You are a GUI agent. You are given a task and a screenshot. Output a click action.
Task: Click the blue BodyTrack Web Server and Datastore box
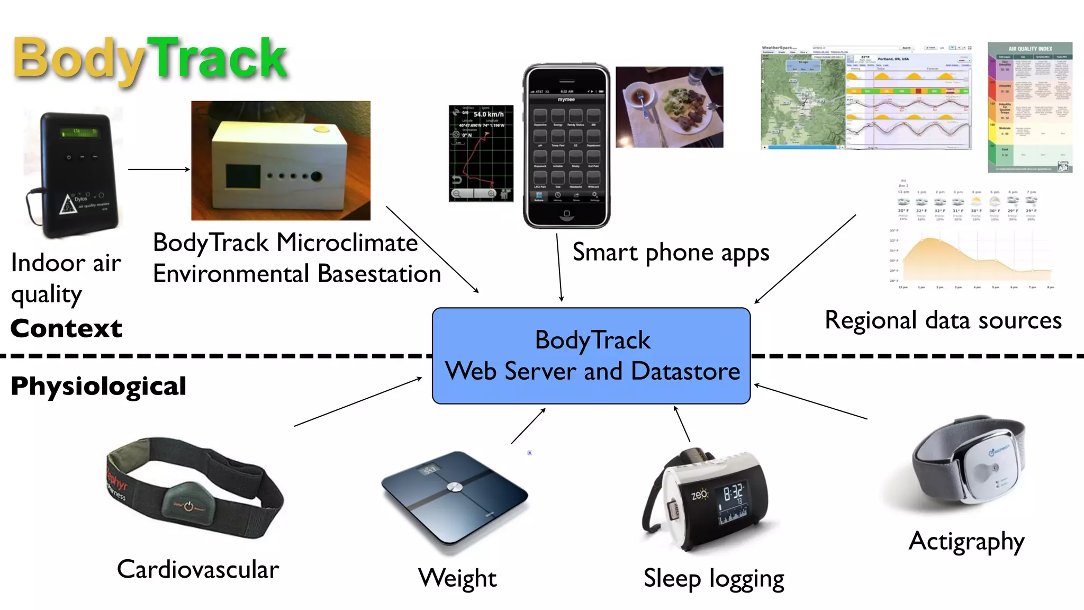[x=591, y=355]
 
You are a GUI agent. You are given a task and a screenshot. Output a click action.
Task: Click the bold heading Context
[x=66, y=328]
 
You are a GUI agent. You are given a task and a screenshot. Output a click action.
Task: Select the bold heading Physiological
[x=98, y=386]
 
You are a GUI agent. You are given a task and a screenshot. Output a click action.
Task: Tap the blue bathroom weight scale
[x=454, y=498]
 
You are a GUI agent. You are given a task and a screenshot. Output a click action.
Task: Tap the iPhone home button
[x=566, y=214]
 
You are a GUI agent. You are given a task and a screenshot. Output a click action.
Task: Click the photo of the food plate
[x=669, y=107]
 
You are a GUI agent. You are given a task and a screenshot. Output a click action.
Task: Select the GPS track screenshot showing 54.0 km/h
[x=481, y=153]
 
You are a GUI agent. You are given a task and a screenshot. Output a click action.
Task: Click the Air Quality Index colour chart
[x=1029, y=107]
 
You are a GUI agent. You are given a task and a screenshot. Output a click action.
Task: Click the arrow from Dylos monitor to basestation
[x=159, y=169]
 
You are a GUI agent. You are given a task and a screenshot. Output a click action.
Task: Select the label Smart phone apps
[x=671, y=253]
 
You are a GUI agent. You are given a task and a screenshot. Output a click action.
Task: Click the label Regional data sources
[x=943, y=321]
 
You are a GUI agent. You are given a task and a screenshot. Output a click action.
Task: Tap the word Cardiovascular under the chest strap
[x=198, y=570]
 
